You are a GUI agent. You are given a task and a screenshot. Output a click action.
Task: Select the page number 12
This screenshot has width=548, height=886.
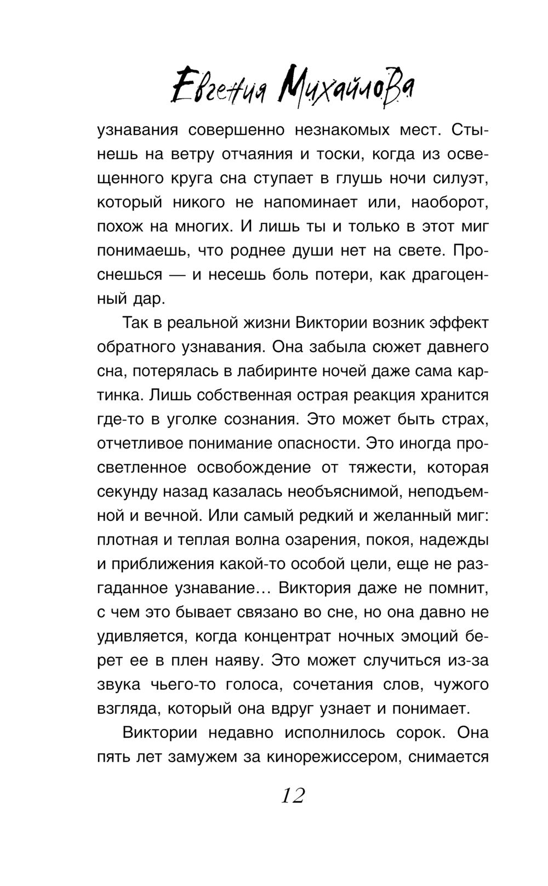tap(293, 795)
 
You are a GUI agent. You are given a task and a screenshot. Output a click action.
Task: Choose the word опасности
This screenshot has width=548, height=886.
tap(310, 444)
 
